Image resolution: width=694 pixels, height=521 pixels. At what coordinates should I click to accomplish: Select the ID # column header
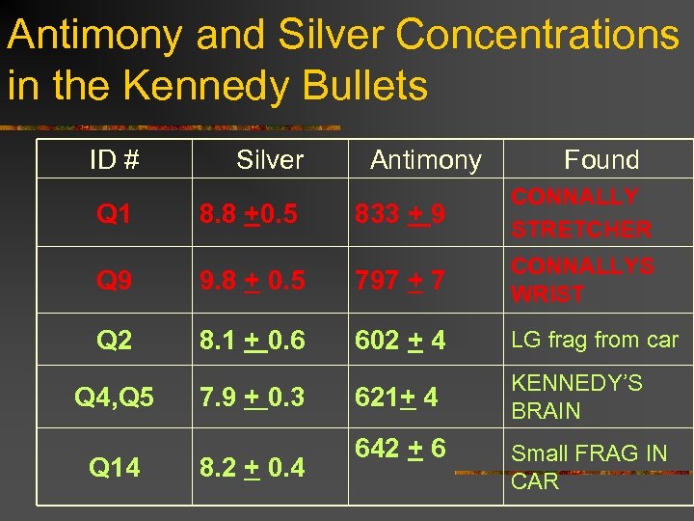coord(115,160)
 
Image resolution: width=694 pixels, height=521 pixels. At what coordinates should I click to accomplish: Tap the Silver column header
coord(270,160)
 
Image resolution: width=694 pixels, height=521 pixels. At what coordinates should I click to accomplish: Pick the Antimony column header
coord(426,160)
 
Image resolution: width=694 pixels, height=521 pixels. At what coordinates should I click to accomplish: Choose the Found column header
coord(601,160)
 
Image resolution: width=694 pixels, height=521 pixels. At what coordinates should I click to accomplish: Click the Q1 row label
coord(115,214)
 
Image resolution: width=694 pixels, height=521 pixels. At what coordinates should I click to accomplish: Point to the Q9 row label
coord(115,281)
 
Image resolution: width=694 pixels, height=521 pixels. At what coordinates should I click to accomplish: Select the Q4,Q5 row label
coord(115,398)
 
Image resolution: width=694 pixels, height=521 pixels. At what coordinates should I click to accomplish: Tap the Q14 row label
coord(115,468)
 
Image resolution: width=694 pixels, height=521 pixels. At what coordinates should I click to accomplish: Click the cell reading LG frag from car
coord(595,340)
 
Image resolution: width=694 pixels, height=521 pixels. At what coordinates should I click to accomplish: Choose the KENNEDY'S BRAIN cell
coord(576,397)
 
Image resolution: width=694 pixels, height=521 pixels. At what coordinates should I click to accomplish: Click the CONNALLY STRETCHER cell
coord(581,213)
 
